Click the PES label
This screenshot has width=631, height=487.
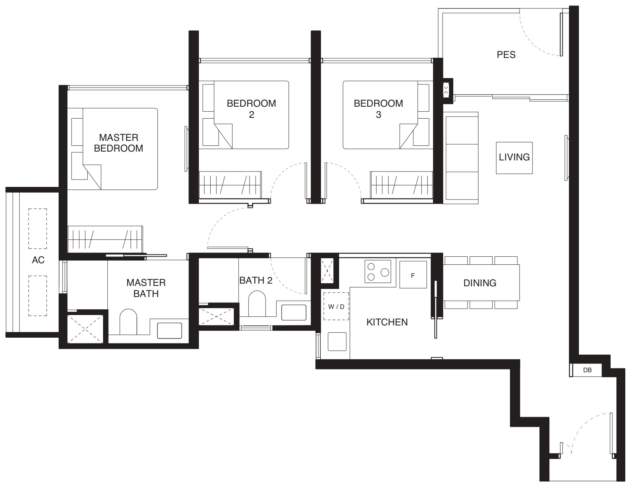(506, 54)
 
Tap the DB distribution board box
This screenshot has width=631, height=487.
(587, 370)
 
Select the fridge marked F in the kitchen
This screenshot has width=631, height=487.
(413, 274)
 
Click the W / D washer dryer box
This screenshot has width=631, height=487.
(336, 306)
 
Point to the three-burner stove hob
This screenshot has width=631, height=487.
(378, 271)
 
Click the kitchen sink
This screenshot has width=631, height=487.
(337, 342)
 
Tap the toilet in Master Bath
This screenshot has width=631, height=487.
(128, 322)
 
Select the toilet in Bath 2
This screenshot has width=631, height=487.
(257, 303)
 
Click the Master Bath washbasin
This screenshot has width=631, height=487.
(169, 330)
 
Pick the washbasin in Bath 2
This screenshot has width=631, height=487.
(293, 312)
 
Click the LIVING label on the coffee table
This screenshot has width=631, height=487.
(514, 157)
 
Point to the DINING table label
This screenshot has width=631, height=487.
(480, 283)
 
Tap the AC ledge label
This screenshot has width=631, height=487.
(38, 260)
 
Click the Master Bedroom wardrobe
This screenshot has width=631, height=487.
(105, 239)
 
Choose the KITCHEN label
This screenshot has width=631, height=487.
(387, 322)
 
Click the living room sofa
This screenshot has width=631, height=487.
(461, 158)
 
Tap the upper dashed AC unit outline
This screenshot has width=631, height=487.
(38, 228)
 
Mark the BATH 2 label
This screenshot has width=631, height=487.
(256, 280)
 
